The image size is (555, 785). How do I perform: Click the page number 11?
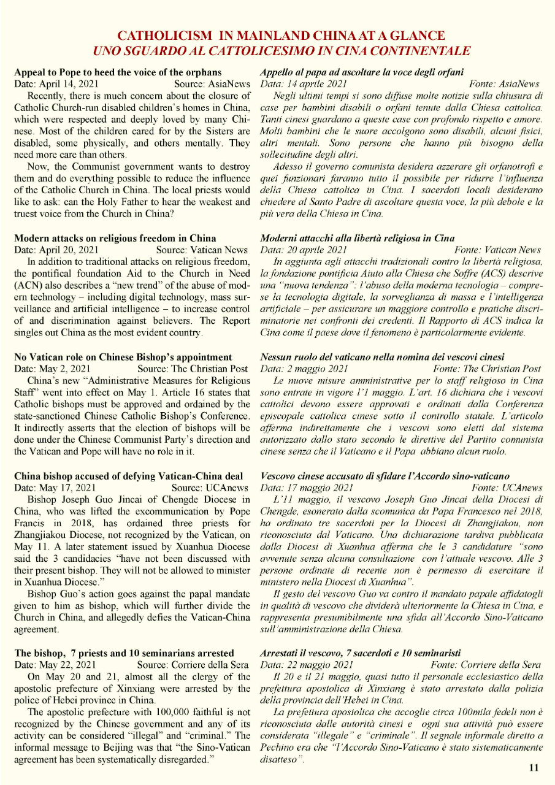click(x=533, y=767)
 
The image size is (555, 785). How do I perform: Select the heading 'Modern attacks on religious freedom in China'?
click(x=115, y=238)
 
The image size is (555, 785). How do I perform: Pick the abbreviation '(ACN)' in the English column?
click(x=29, y=285)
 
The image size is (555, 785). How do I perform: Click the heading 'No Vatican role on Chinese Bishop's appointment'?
click(x=123, y=357)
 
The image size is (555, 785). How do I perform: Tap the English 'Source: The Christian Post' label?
click(x=193, y=369)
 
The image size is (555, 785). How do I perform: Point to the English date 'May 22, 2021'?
click(x=64, y=665)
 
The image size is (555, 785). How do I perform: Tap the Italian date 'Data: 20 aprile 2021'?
click(x=304, y=250)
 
